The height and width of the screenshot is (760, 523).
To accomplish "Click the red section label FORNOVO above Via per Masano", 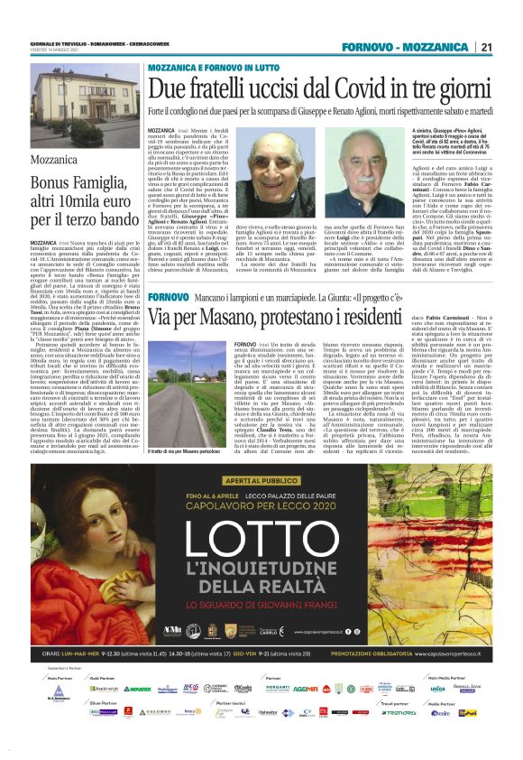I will tap(169, 297).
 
